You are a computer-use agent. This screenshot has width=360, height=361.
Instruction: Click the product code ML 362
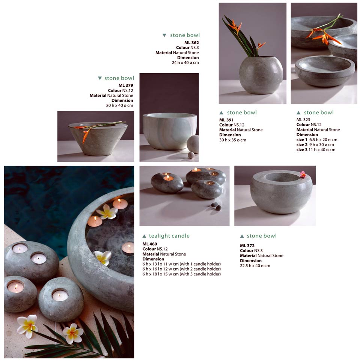click(x=191, y=43)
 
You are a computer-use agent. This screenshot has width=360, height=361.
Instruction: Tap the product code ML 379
click(x=126, y=86)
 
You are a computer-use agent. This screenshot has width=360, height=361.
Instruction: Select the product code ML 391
click(x=226, y=120)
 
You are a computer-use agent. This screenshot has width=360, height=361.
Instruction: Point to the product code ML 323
click(x=303, y=120)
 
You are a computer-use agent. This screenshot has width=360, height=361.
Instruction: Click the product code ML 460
click(x=150, y=244)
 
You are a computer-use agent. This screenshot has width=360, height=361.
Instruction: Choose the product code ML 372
click(x=247, y=246)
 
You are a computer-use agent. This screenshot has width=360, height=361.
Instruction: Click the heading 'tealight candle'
click(x=169, y=236)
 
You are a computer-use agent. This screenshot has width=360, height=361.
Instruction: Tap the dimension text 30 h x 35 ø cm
click(x=233, y=140)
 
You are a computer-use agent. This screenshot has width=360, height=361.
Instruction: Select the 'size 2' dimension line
click(x=315, y=145)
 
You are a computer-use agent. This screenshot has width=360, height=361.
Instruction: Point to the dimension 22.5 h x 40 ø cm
click(x=255, y=266)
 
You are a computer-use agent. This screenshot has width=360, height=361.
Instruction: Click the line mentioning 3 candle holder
click(x=181, y=274)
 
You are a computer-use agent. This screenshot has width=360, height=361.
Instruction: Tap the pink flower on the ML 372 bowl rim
click(x=303, y=174)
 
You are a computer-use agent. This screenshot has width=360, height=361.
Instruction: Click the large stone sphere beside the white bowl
click(x=193, y=144)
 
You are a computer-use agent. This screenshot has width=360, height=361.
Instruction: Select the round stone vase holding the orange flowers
click(x=261, y=75)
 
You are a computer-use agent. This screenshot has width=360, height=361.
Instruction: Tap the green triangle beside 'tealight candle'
click(x=145, y=236)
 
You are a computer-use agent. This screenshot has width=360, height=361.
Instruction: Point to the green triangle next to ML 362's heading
click(x=164, y=35)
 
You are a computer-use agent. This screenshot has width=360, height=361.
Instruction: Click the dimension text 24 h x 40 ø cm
click(x=185, y=63)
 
